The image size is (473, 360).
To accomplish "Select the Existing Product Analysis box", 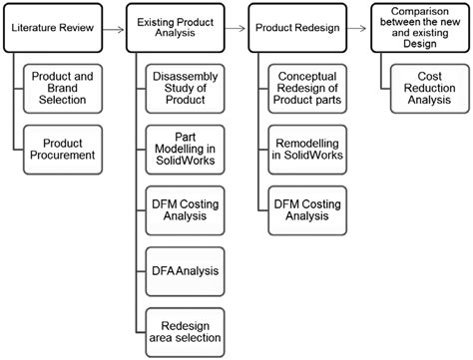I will pyautogui.click(x=176, y=31).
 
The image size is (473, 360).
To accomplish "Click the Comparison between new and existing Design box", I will pyautogui.click(x=417, y=25).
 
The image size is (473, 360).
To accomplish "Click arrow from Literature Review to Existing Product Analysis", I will pyautogui.click(x=113, y=31).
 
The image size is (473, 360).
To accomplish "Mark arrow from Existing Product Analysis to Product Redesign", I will pyautogui.click(x=235, y=31).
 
